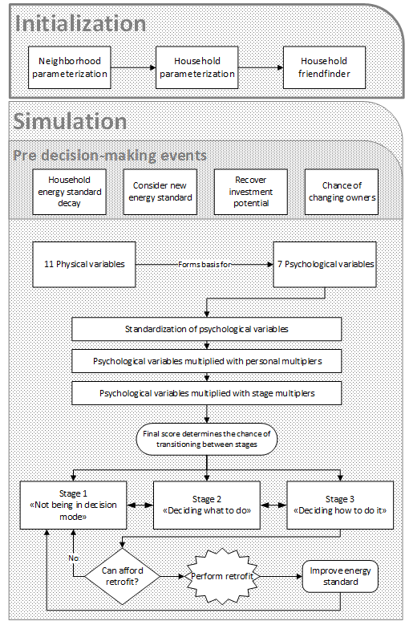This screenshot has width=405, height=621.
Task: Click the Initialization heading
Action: point(80,24)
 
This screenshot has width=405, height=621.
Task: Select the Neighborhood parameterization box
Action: point(69,67)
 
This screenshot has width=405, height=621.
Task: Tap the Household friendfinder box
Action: point(324,67)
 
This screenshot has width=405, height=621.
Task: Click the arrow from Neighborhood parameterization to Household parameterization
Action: point(133,67)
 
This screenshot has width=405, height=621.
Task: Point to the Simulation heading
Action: point(70,122)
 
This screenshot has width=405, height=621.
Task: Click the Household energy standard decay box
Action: point(69,192)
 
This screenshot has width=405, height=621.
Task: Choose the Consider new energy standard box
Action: point(160,192)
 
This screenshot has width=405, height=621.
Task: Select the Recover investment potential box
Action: point(251,192)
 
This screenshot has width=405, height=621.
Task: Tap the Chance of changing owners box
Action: point(342,192)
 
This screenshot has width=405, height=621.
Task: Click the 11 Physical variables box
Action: point(84,264)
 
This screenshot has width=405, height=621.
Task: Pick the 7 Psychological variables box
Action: point(325,264)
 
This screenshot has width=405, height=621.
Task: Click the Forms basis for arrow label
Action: point(205,264)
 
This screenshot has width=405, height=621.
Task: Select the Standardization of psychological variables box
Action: point(207,329)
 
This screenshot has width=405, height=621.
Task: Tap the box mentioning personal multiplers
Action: point(207,361)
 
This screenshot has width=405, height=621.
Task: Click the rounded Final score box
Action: point(207,439)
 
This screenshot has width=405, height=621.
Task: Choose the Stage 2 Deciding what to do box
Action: point(207,505)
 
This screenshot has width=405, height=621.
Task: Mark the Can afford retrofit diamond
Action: point(123,576)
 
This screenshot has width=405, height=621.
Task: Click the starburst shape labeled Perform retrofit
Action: point(222,576)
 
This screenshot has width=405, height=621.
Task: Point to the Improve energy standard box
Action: point(341,576)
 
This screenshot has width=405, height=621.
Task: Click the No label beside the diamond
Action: point(74,558)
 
